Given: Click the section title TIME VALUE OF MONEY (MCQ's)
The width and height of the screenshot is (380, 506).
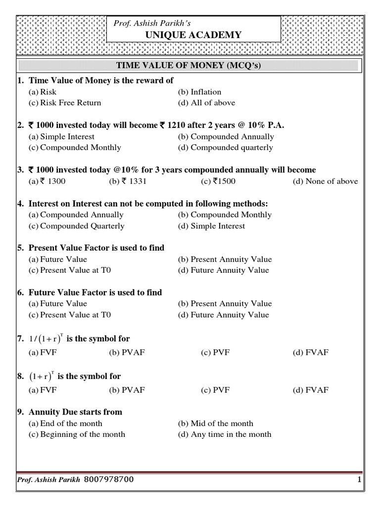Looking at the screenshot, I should pos(188,66).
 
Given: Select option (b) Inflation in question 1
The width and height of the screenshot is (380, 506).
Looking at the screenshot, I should pos(199,92).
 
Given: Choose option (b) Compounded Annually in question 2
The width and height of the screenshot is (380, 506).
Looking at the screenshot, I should pos(226,136).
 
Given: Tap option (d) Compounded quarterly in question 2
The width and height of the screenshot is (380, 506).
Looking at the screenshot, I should pos(225,147).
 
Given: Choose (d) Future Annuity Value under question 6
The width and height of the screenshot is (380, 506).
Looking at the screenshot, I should pos(224,315).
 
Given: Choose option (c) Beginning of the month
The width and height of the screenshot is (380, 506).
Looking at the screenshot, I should pos(77,434).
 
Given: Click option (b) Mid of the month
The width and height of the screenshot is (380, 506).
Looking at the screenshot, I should pos(215,423).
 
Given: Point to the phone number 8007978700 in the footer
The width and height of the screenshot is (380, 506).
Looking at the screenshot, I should pos(108,480).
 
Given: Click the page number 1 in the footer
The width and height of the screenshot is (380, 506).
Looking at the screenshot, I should pos(359,480).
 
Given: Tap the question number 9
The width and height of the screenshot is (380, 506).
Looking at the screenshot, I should pos(20,412).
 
